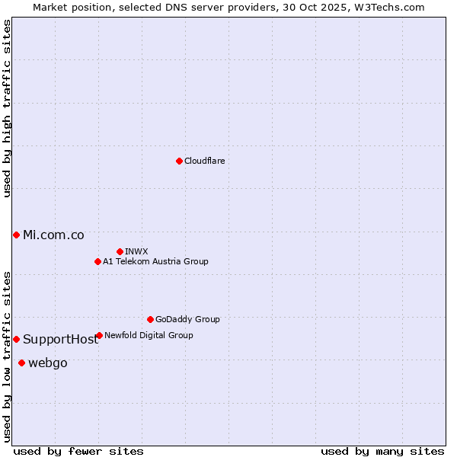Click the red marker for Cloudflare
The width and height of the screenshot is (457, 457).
[x=179, y=161]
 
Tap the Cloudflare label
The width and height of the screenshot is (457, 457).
[x=204, y=161]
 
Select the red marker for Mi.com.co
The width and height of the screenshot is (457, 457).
[x=16, y=235]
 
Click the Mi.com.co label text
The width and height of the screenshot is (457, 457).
[x=53, y=235]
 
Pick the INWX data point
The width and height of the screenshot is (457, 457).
[x=120, y=251]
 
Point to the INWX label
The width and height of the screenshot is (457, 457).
[x=136, y=251]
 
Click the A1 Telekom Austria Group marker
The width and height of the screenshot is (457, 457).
[x=97, y=261]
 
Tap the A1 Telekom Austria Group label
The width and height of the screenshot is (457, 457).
[x=155, y=261]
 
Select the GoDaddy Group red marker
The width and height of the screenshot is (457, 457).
[x=150, y=319]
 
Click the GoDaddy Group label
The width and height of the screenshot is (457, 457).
[x=187, y=319]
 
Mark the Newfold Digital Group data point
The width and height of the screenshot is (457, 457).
[x=99, y=335]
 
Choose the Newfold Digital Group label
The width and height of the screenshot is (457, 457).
[x=149, y=335]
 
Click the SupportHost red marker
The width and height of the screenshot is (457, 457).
[x=16, y=339]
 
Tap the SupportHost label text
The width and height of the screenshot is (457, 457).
[x=60, y=340]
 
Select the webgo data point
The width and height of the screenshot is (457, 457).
[x=21, y=363]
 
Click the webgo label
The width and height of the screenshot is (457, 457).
[x=47, y=363]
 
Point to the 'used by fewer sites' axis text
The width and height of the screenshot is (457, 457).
[x=78, y=451]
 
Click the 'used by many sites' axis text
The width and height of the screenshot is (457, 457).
[x=382, y=451]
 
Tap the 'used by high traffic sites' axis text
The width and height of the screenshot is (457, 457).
[x=7, y=108]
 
